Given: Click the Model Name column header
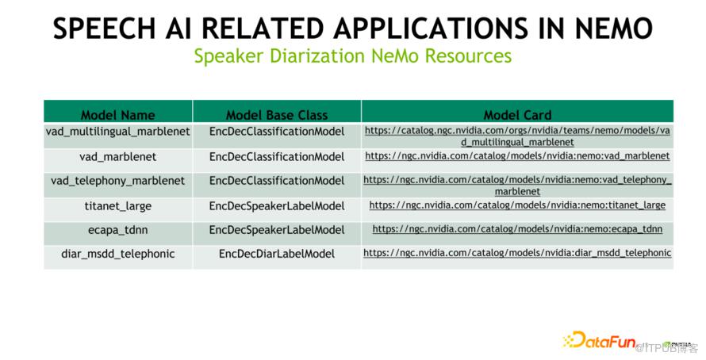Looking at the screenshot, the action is click(x=118, y=115).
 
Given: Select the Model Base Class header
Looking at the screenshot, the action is click(x=277, y=115).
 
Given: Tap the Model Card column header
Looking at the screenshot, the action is click(x=517, y=115).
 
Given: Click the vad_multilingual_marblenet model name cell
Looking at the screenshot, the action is click(x=118, y=132).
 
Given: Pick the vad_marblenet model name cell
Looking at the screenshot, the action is click(x=118, y=156).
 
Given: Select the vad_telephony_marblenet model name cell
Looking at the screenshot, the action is click(x=118, y=181).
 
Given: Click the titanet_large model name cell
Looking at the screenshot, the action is click(x=118, y=206).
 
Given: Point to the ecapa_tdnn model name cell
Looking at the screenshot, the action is click(x=118, y=230).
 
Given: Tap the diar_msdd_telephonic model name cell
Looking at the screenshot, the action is click(x=118, y=254).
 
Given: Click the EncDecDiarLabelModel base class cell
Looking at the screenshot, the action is click(x=277, y=254).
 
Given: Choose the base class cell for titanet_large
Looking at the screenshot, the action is click(x=277, y=206).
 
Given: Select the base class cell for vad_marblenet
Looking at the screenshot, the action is click(x=277, y=156).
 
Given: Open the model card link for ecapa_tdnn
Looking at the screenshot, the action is click(x=517, y=229).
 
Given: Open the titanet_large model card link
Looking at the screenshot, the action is click(x=517, y=205).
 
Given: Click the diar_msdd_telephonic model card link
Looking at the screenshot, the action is click(x=517, y=253).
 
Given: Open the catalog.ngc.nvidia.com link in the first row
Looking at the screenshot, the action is click(x=517, y=136).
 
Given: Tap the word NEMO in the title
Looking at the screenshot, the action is click(x=613, y=28).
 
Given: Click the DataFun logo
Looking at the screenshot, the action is click(x=600, y=340).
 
